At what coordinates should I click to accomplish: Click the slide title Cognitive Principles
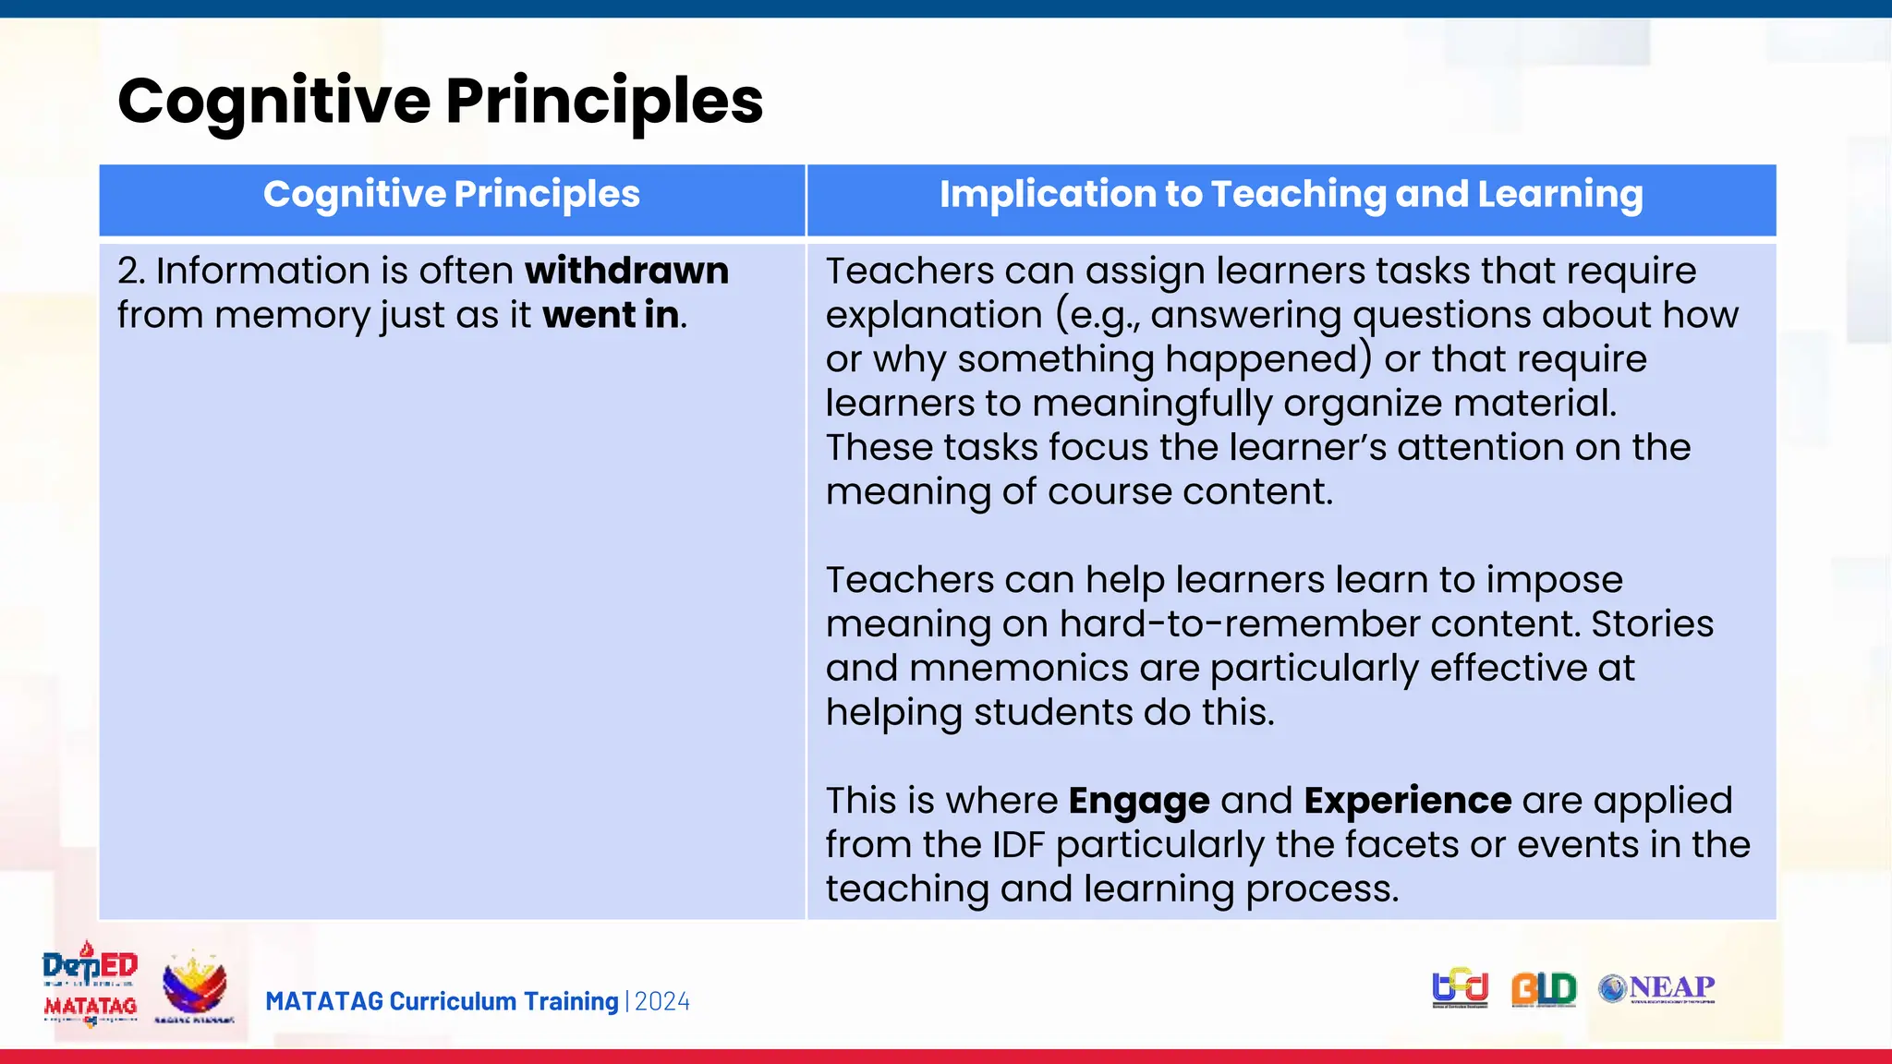click(440, 101)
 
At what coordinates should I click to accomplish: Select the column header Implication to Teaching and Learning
click(1291, 195)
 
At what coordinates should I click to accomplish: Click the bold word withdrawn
click(626, 271)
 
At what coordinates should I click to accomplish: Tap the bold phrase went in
click(612, 315)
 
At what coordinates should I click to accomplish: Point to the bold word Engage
click(1138, 801)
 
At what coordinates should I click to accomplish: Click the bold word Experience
click(1407, 801)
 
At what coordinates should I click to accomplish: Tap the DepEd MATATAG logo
click(90, 985)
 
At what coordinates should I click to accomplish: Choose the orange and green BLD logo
click(1543, 989)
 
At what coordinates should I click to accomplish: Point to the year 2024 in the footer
click(661, 1002)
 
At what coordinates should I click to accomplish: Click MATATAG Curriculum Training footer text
click(442, 1002)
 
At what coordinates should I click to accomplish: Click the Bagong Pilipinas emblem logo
click(194, 986)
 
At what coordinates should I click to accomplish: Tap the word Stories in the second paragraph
click(1652, 623)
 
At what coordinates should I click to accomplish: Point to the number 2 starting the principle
click(128, 271)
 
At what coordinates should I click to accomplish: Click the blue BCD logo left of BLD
click(1460, 988)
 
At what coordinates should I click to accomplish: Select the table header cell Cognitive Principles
click(451, 195)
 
